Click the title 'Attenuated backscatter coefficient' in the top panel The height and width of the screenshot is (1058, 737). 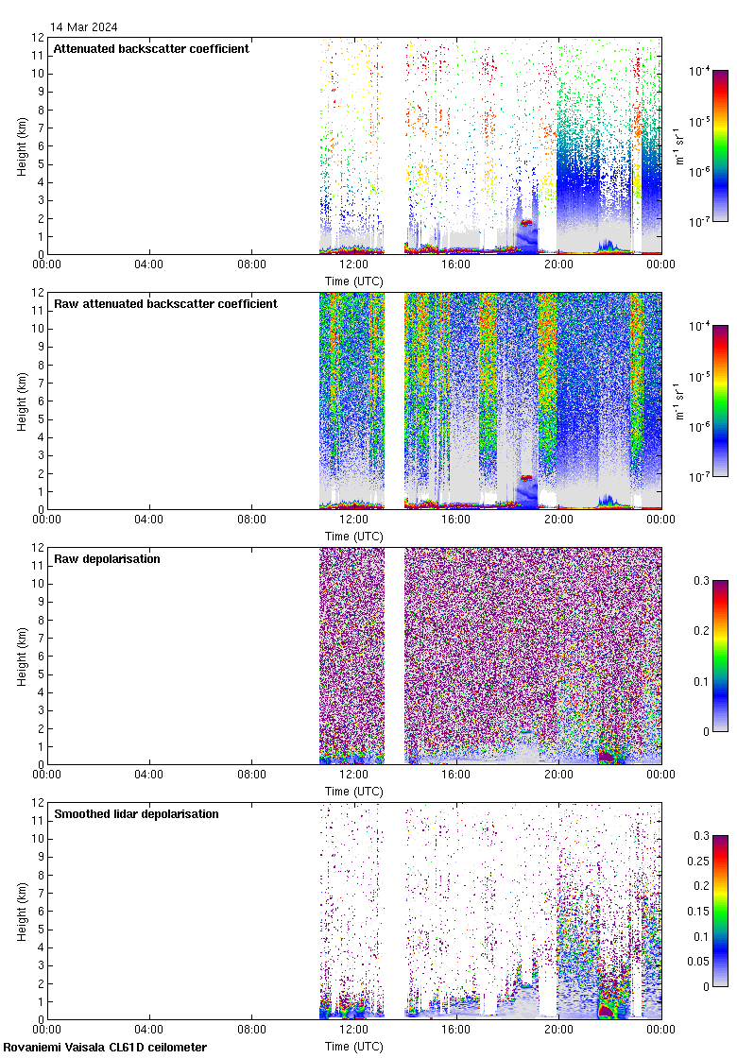[151, 48]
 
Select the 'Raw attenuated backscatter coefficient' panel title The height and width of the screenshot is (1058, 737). [165, 303]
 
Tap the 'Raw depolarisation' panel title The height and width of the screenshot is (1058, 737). [107, 558]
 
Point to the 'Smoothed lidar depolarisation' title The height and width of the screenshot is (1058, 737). [136, 813]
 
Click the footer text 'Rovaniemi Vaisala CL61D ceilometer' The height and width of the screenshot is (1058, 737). [105, 1047]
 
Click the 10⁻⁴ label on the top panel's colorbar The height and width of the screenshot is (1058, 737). [699, 71]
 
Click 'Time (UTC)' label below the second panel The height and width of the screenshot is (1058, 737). [353, 536]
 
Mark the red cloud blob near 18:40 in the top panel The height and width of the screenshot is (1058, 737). [526, 223]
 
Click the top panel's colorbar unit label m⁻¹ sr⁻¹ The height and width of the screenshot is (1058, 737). [679, 145]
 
